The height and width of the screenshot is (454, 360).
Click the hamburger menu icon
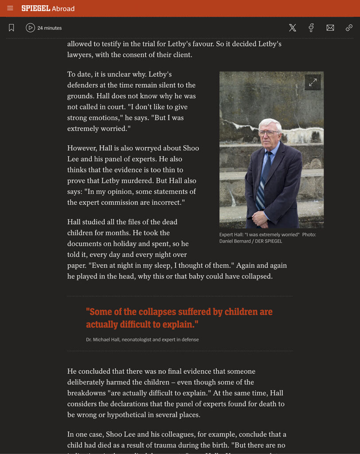pyautogui.click(x=10, y=8)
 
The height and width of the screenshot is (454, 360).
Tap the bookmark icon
pyautogui.click(x=12, y=28)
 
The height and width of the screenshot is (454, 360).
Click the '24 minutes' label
pyautogui.click(x=49, y=28)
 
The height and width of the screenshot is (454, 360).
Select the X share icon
pyautogui.click(x=293, y=28)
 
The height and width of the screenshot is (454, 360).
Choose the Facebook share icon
pyautogui.click(x=311, y=28)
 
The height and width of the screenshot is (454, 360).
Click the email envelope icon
pyautogui.click(x=330, y=28)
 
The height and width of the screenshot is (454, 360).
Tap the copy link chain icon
pyautogui.click(x=349, y=28)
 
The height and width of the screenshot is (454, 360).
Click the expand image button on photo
pyautogui.click(x=313, y=82)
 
